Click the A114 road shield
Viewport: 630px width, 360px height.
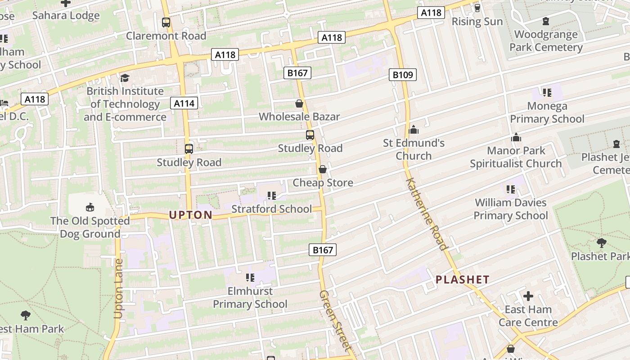pyautogui.click(x=184, y=103)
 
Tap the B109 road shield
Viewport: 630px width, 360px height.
pyautogui.click(x=402, y=75)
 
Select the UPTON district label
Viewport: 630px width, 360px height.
pyautogui.click(x=190, y=215)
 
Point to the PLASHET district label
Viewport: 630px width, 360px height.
pyautogui.click(x=462, y=279)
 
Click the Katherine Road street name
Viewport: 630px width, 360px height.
pyautogui.click(x=427, y=213)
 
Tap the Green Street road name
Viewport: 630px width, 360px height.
pyautogui.click(x=335, y=320)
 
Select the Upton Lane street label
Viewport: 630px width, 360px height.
pyautogui.click(x=118, y=288)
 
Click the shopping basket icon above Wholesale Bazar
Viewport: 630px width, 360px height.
pyautogui.click(x=299, y=104)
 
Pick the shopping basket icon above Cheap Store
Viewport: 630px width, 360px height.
pyautogui.click(x=323, y=170)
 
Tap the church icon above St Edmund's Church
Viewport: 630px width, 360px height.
pyautogui.click(x=414, y=130)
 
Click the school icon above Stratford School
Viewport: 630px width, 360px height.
pyautogui.click(x=271, y=196)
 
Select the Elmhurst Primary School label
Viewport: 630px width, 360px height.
pyautogui.click(x=250, y=297)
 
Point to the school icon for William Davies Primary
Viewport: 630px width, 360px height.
pyautogui.click(x=510, y=189)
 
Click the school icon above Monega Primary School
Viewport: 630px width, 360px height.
pyautogui.click(x=547, y=93)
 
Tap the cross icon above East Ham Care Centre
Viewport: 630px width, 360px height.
pyautogui.click(x=528, y=297)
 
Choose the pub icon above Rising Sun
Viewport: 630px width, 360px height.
pyautogui.click(x=477, y=8)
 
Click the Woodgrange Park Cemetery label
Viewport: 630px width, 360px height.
pyautogui.click(x=546, y=40)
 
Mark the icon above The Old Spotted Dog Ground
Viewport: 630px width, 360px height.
pyautogui.click(x=90, y=207)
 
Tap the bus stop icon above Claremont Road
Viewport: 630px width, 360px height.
pyautogui.click(x=166, y=22)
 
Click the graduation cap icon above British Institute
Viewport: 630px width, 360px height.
pyautogui.click(x=125, y=78)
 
